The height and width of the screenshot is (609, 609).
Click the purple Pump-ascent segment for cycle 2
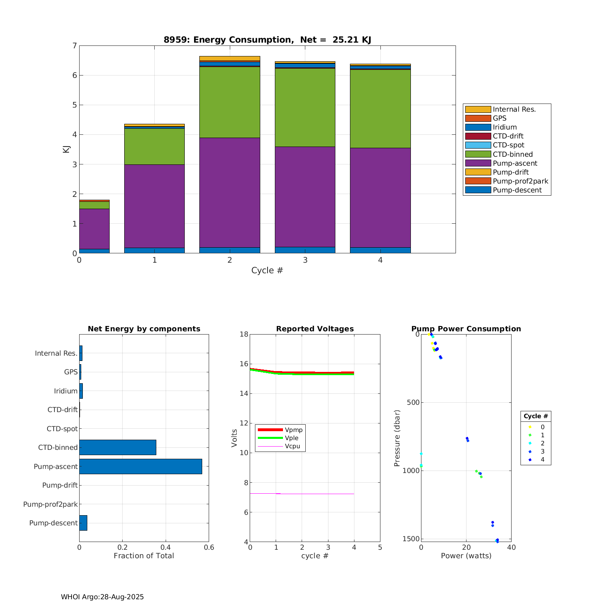click(229, 192)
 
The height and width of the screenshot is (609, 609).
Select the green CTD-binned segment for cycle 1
click(154, 146)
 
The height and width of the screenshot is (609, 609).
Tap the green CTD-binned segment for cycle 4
click(380, 108)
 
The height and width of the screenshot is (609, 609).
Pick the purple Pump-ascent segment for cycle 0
click(94, 229)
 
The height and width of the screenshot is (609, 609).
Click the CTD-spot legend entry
click(508, 145)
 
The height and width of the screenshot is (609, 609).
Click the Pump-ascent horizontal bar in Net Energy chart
click(140, 466)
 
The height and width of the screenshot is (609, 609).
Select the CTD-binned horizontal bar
click(117, 447)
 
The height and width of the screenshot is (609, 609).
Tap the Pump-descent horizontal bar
click(83, 523)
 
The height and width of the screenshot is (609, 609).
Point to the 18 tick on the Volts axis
click(244, 334)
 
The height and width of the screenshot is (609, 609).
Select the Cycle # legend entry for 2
click(536, 443)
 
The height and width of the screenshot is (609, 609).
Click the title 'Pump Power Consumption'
click(466, 329)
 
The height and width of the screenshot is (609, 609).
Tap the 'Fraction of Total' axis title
click(144, 556)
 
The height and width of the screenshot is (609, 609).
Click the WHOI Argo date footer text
click(102, 597)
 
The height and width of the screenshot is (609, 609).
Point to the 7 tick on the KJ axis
click(74, 45)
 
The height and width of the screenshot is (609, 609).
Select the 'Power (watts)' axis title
click(466, 556)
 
